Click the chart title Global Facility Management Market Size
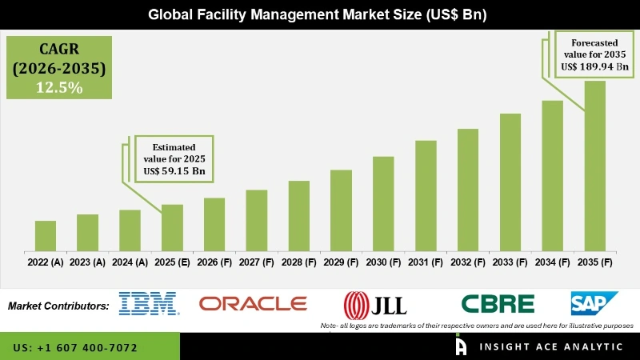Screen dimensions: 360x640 (320, 14)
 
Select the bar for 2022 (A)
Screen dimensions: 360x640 (46, 235)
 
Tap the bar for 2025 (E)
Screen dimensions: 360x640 (172, 227)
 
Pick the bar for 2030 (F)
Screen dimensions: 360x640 (383, 203)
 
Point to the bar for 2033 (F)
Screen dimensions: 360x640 (510, 182)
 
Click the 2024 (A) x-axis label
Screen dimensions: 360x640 (130, 262)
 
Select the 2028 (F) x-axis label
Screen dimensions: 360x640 (298, 262)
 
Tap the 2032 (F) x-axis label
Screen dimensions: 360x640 (467, 262)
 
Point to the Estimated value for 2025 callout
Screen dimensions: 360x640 (173, 157)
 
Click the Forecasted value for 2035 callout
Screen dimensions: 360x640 (592, 53)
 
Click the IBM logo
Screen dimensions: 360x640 (149, 303)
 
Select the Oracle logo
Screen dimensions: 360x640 (253, 303)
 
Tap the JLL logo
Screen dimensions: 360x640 (375, 304)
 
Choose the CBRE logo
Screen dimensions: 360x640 (498, 304)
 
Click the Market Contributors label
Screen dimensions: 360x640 (58, 306)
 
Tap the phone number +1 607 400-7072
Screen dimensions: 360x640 (75, 348)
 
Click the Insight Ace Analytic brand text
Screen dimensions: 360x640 (550, 347)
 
